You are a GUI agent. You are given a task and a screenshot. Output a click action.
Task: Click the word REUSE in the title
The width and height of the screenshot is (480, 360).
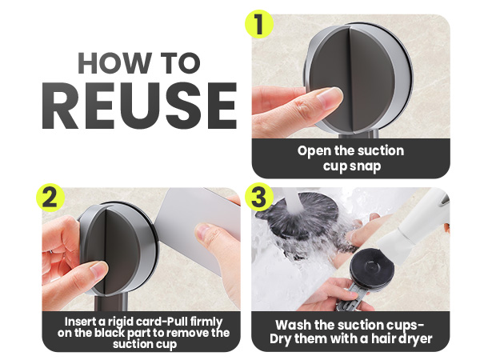tap(139, 106)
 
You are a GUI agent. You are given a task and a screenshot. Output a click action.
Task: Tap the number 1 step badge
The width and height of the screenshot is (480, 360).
tap(259, 24)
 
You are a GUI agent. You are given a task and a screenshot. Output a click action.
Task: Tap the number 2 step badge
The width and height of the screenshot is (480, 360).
tap(50, 198)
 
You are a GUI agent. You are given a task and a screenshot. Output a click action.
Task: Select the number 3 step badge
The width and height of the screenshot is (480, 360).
tap(259, 197)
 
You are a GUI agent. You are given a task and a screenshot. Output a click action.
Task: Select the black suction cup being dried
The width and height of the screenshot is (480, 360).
tap(372, 267)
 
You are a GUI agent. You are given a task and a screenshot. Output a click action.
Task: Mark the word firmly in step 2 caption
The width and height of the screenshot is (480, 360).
tap(206, 322)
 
